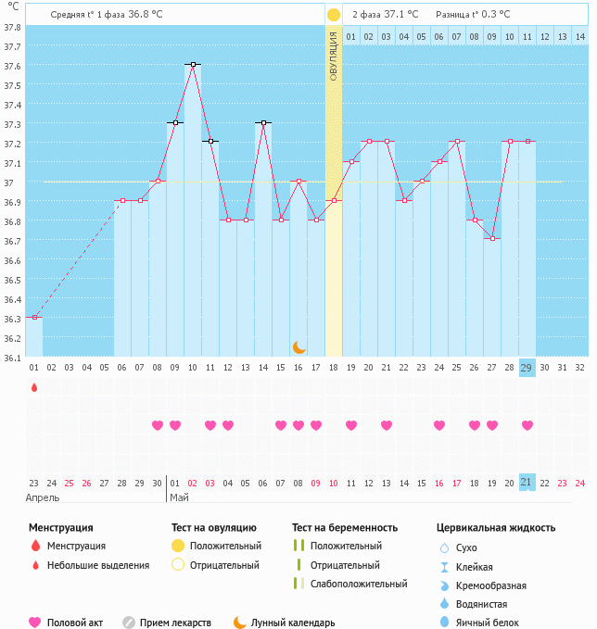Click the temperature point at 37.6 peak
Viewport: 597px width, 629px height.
click(193, 64)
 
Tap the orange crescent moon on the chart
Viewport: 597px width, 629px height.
click(298, 347)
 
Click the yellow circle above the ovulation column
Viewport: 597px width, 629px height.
click(334, 15)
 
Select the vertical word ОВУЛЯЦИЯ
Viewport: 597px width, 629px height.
click(334, 57)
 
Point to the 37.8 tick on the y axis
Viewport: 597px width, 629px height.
click(13, 28)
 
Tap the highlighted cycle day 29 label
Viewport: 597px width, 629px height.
click(527, 368)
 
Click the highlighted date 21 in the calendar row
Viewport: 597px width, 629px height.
click(527, 483)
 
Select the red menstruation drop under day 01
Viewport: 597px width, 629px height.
click(34, 387)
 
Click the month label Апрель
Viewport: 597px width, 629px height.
click(43, 497)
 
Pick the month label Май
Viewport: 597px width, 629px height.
click(179, 497)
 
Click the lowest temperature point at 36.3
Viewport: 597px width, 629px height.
click(34, 318)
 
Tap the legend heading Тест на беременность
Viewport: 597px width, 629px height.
click(344, 527)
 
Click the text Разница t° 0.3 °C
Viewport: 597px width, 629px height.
click(476, 15)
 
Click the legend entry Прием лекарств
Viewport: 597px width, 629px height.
click(175, 623)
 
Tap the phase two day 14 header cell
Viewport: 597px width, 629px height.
click(579, 36)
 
